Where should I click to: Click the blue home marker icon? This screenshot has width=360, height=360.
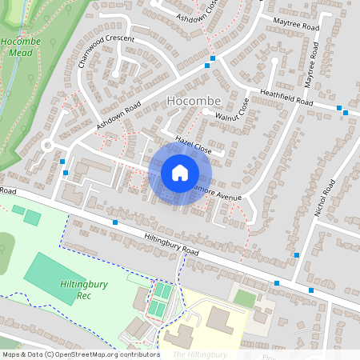(x=180, y=173)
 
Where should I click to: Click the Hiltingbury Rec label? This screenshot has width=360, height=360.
(x=81, y=289)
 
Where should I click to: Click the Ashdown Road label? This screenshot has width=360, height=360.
(x=118, y=117)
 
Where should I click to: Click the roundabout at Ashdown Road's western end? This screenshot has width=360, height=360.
(x=47, y=146)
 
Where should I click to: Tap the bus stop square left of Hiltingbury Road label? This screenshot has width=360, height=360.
(x=115, y=222)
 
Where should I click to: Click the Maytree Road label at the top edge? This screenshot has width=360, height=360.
(x=295, y=25)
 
